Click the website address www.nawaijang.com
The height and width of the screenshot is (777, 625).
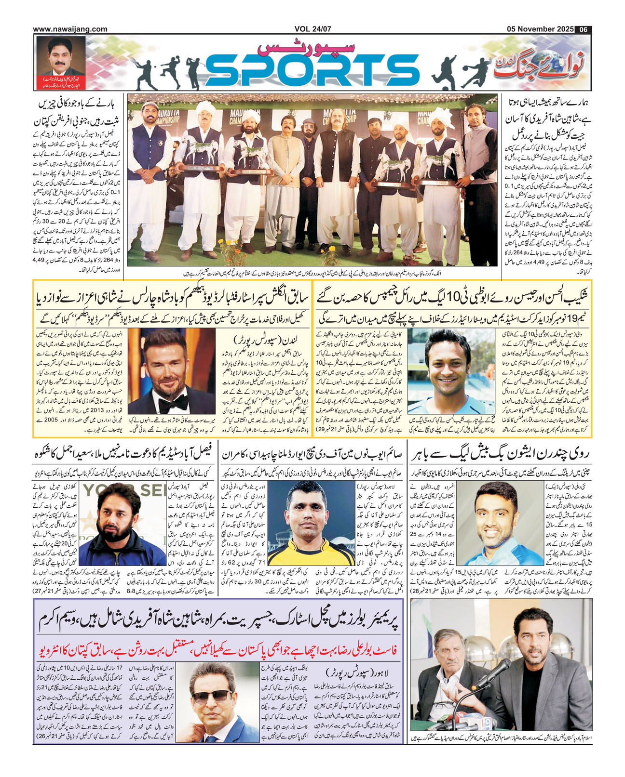(70, 29)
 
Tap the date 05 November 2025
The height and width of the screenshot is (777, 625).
(540, 29)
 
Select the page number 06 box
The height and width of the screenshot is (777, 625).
(584, 29)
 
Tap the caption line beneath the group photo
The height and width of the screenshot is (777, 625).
(312, 273)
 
